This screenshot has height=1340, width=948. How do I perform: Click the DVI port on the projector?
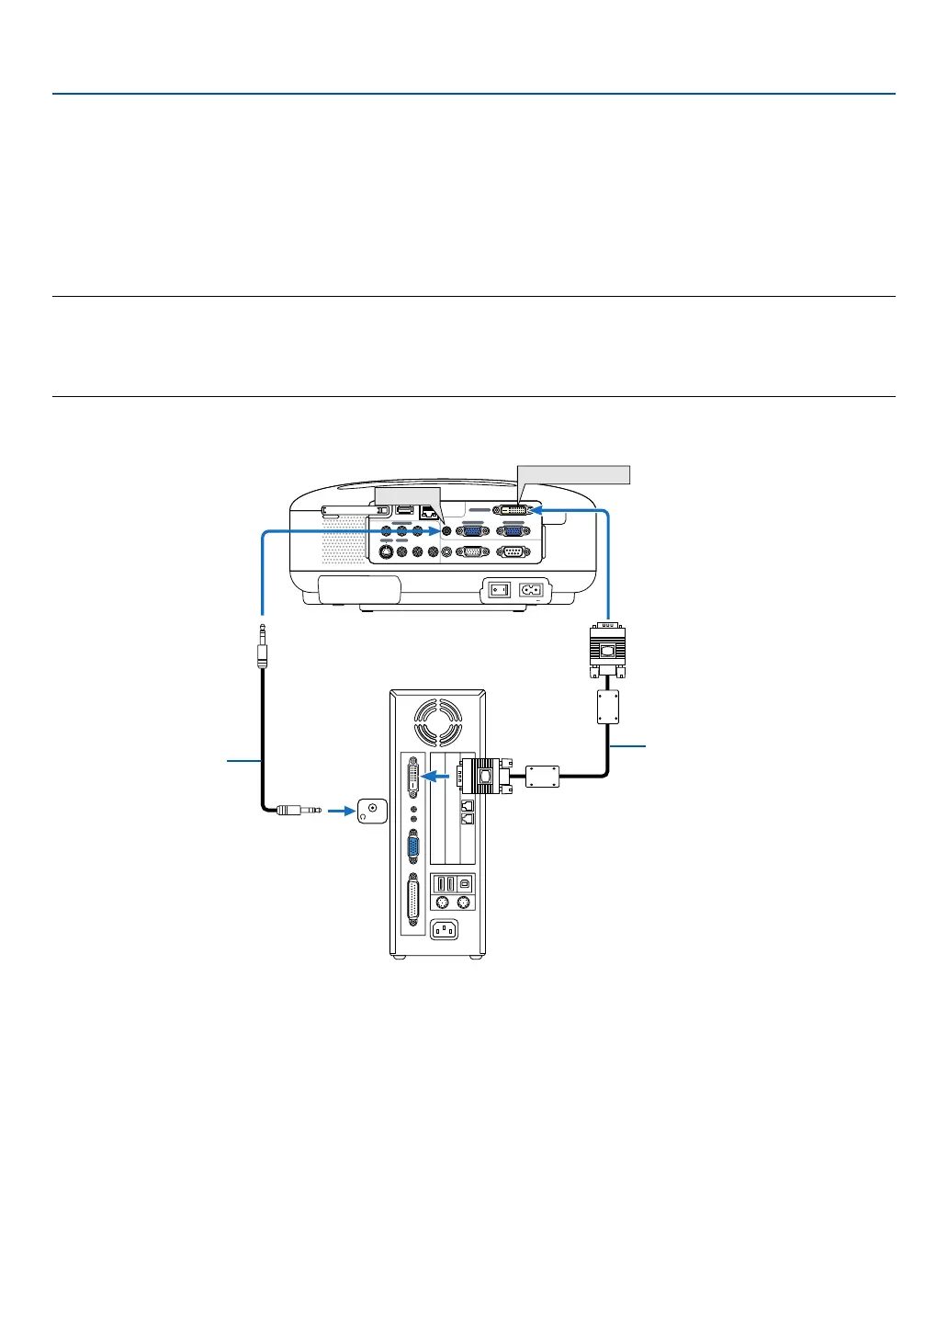513,508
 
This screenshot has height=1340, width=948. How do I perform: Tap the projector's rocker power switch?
498,589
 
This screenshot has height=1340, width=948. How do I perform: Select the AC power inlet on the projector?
530,589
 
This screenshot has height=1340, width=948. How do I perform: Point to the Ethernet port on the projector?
425,512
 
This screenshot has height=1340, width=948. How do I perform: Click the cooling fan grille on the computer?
438,721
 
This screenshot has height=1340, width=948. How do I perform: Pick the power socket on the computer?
443,930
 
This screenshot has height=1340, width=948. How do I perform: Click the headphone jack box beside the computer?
372,811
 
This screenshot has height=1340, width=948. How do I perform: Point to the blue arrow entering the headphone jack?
340,811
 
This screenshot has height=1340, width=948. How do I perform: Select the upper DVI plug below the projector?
607,648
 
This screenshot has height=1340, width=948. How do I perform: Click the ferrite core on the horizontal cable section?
543,777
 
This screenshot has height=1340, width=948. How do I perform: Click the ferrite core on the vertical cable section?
607,707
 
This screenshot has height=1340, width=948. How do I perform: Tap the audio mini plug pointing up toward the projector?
263,647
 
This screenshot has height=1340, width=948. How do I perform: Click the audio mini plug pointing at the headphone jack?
298,811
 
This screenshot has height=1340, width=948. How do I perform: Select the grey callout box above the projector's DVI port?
574,474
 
